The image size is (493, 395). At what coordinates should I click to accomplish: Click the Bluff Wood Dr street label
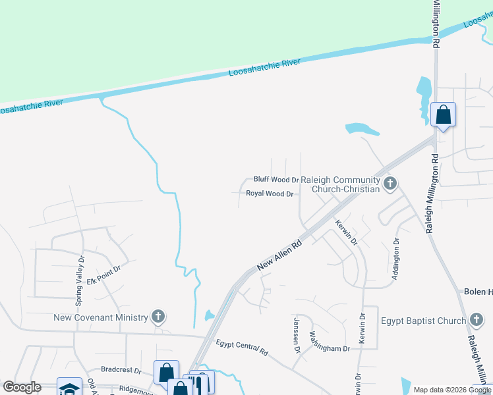(x=276, y=179)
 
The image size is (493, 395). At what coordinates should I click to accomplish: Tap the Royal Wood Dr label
(x=269, y=194)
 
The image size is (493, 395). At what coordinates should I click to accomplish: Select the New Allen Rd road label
(x=279, y=255)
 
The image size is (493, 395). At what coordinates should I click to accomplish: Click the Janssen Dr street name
(x=297, y=335)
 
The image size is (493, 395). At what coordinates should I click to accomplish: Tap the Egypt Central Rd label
(x=242, y=347)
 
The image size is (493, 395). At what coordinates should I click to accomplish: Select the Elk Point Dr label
(x=109, y=271)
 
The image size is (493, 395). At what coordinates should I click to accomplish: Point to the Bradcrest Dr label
(x=121, y=370)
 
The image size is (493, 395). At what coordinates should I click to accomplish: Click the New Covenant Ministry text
(x=101, y=317)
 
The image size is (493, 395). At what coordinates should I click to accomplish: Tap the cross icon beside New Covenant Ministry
(x=158, y=317)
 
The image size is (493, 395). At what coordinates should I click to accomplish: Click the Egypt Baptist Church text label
(x=423, y=321)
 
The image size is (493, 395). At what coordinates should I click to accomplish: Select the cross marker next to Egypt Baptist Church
(x=477, y=321)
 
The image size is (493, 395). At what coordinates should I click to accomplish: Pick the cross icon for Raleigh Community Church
(x=390, y=183)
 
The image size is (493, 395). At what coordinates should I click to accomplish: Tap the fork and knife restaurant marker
(x=201, y=384)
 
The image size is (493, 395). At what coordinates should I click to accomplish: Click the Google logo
(x=22, y=387)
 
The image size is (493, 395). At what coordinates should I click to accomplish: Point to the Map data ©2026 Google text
(x=451, y=390)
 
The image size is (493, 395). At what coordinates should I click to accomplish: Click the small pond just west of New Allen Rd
(x=210, y=315)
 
